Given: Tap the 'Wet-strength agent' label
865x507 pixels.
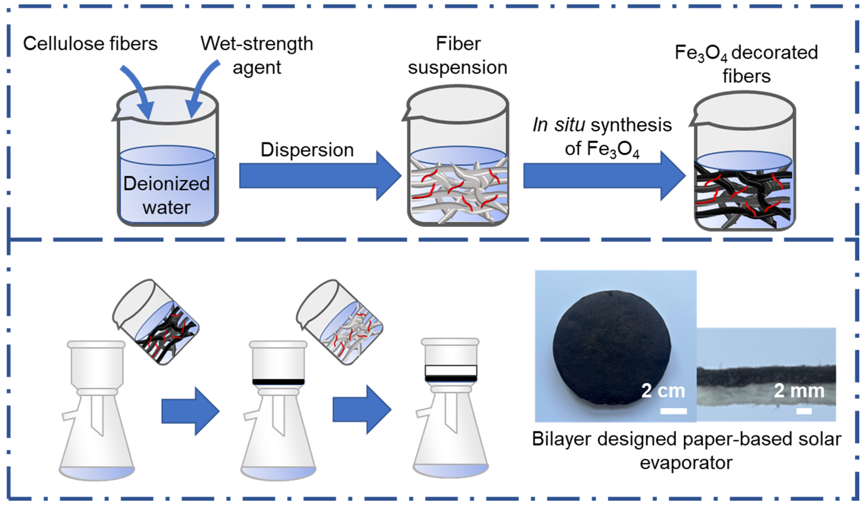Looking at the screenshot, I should pos(257,55).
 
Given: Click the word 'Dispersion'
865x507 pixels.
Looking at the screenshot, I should pos(307,150).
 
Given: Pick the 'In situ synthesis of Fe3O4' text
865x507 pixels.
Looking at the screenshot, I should pos(602,136).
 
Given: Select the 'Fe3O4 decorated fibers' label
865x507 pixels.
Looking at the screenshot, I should pos(746,64).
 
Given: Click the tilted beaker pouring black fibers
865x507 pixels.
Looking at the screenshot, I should pos(156,322).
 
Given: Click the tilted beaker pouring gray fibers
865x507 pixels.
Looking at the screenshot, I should pos(340,322).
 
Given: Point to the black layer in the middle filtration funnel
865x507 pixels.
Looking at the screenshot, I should pos(278,382).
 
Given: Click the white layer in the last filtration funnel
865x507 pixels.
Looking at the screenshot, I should pos(451,371).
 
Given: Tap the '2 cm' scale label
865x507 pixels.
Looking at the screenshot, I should pos(663,391).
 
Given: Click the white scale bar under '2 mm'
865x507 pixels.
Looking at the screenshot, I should pos(804,411).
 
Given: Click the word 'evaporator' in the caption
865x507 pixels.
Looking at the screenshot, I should pos(686,463).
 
